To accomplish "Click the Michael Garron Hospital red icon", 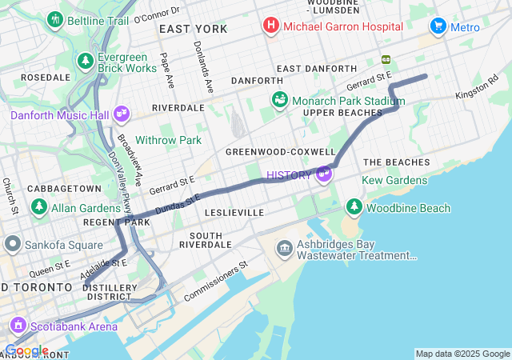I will [x=271, y=26].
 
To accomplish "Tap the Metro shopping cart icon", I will [x=438, y=26].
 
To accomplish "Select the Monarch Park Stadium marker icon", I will [x=280, y=100].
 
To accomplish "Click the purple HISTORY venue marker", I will [x=324, y=174].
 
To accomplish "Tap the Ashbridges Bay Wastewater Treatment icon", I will [x=285, y=249].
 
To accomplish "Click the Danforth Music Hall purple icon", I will [x=121, y=115].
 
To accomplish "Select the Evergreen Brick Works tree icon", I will [x=86, y=61].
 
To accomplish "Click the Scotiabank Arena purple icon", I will [x=18, y=326].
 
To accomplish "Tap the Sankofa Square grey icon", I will [x=12, y=243].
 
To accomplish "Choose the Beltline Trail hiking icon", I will [x=55, y=18].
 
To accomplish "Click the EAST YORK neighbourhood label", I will [x=193, y=29].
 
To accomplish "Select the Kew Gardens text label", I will [x=394, y=180].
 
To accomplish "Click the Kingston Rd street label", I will [x=476, y=88].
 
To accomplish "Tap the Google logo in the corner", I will [x=26, y=350].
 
